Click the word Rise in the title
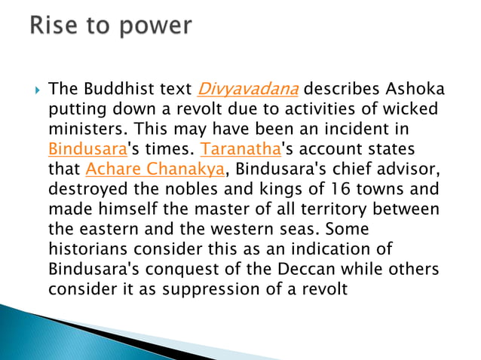click(x=54, y=26)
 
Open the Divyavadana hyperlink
click(x=247, y=90)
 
